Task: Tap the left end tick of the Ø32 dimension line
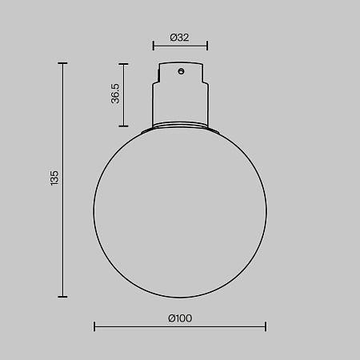pyautogui.click(x=154, y=46)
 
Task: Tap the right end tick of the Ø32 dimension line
pyautogui.click(x=207, y=46)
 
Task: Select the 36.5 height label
pyautogui.click(x=116, y=94)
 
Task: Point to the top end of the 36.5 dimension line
pyautogui.click(x=123, y=64)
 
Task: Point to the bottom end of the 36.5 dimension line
pyautogui.click(x=123, y=126)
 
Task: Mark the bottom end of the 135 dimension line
pyautogui.click(x=62, y=296)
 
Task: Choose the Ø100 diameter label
pyautogui.click(x=180, y=317)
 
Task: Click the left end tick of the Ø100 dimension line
pyautogui.click(x=94, y=326)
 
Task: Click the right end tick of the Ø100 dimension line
pyautogui.click(x=266, y=326)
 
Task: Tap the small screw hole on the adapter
pyautogui.click(x=182, y=72)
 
